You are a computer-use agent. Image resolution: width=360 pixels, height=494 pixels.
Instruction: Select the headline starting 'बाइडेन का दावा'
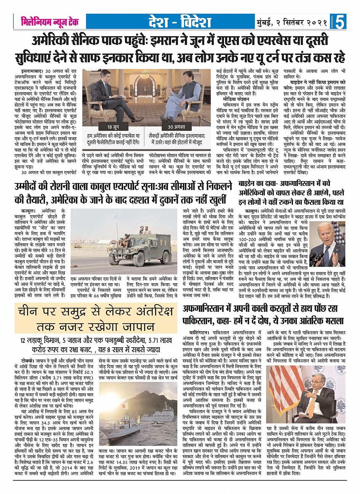(291, 193)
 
